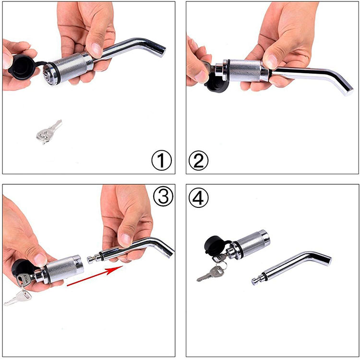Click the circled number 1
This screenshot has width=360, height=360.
coord(161,160)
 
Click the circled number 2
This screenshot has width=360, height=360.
coord(198,160)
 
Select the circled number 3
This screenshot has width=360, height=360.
coord(163,196)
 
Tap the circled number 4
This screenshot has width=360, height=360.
coord(198,197)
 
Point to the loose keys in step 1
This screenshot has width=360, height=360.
coord(48,132)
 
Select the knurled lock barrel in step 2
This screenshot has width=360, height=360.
coord(245,71)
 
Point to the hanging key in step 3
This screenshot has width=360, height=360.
coord(18,298)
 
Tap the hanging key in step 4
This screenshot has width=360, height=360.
coord(211,273)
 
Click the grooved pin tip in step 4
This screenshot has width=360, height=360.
coord(257,280)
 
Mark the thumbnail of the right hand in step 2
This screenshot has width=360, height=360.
coord(271,61)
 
